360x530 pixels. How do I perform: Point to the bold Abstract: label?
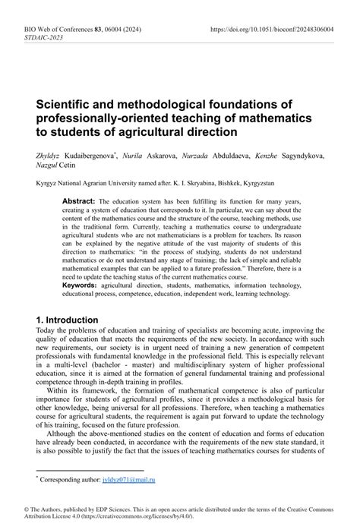tap(79, 200)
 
